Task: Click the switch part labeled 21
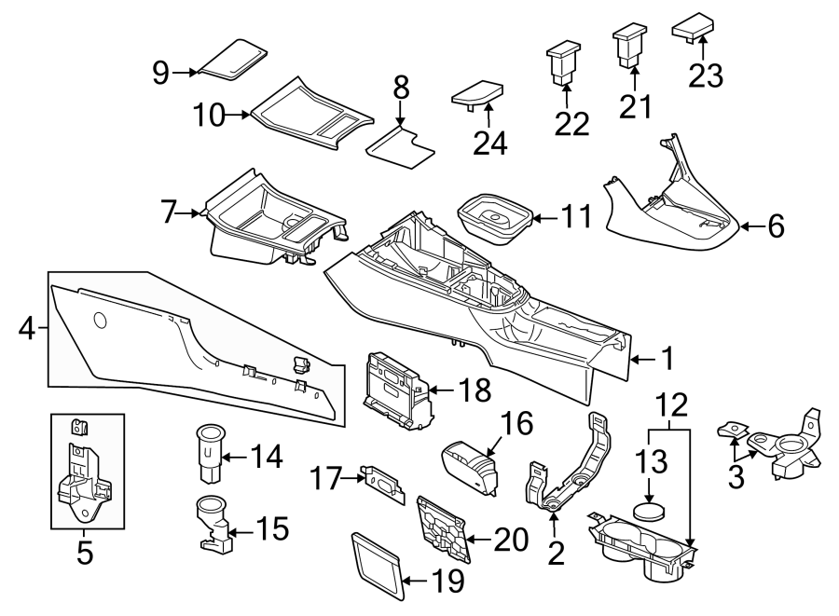[x=630, y=47]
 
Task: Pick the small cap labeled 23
[x=694, y=29]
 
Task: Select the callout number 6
[x=775, y=226]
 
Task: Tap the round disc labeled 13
[x=649, y=511]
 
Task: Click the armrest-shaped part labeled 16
[x=469, y=462]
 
